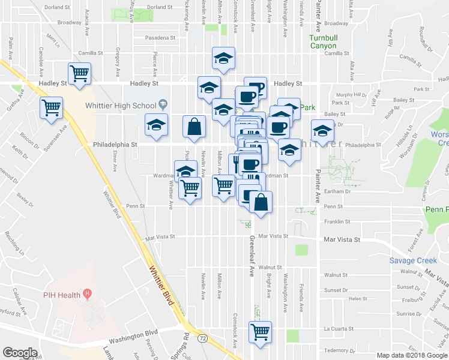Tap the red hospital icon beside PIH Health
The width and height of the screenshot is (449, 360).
88,294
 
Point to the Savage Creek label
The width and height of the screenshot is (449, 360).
413,260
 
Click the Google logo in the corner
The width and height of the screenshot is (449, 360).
20,353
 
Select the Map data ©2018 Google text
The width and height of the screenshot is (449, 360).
412,355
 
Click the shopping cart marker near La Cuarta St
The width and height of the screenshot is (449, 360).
261,331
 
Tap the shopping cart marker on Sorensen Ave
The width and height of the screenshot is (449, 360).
52,108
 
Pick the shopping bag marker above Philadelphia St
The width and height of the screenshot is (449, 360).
194,127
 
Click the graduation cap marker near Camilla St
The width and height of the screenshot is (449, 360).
224,58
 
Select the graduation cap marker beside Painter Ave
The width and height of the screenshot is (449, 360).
322,131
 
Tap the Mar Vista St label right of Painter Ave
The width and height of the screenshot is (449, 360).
341,239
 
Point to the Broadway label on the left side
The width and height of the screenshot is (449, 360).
69,23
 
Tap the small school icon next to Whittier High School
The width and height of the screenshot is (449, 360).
162,105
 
